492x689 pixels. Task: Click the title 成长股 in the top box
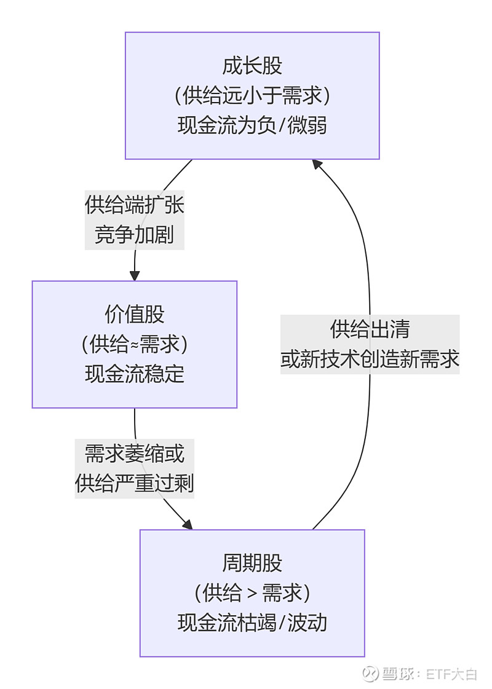[x=252, y=66]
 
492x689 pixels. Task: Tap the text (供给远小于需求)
[x=252, y=96]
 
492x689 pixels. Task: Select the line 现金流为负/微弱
[x=252, y=126]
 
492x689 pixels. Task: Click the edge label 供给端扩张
[x=135, y=205]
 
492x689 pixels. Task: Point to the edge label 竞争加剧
[x=135, y=234]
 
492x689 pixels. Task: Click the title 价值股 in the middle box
[x=135, y=315]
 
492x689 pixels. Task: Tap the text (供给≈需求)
[x=135, y=344]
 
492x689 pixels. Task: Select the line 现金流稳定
[x=135, y=374]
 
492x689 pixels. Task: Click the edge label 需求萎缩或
[x=135, y=454]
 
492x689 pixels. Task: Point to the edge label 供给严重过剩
[x=135, y=484]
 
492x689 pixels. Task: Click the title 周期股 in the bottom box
[x=252, y=563]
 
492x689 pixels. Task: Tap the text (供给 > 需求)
[x=252, y=593]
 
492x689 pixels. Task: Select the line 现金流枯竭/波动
[x=252, y=623]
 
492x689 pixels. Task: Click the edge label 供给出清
[x=370, y=329]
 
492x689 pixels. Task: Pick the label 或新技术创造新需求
[x=370, y=359]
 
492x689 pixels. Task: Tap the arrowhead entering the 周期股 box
[x=188, y=524]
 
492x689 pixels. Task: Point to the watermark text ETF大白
[x=451, y=674]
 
